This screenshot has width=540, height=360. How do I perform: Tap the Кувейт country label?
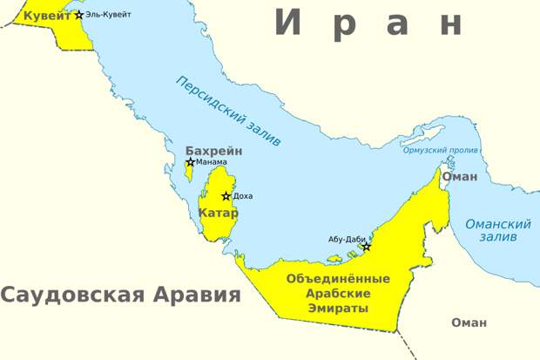(48, 16)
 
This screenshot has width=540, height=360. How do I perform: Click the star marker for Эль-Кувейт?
(80, 15)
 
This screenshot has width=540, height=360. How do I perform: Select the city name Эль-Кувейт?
(109, 15)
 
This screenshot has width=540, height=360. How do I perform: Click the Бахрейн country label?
(213, 151)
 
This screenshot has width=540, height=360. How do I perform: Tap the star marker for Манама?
(191, 162)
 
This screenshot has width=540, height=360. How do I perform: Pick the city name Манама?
(212, 162)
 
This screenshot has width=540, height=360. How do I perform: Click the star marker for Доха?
(226, 196)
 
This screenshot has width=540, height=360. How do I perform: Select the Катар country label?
(218, 213)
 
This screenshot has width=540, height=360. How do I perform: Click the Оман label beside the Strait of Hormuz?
(460, 176)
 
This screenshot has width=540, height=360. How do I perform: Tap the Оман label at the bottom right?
(469, 323)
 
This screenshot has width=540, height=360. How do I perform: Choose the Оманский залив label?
(498, 230)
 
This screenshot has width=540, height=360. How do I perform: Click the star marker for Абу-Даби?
(366, 247)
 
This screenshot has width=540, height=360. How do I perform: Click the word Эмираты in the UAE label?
(338, 307)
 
